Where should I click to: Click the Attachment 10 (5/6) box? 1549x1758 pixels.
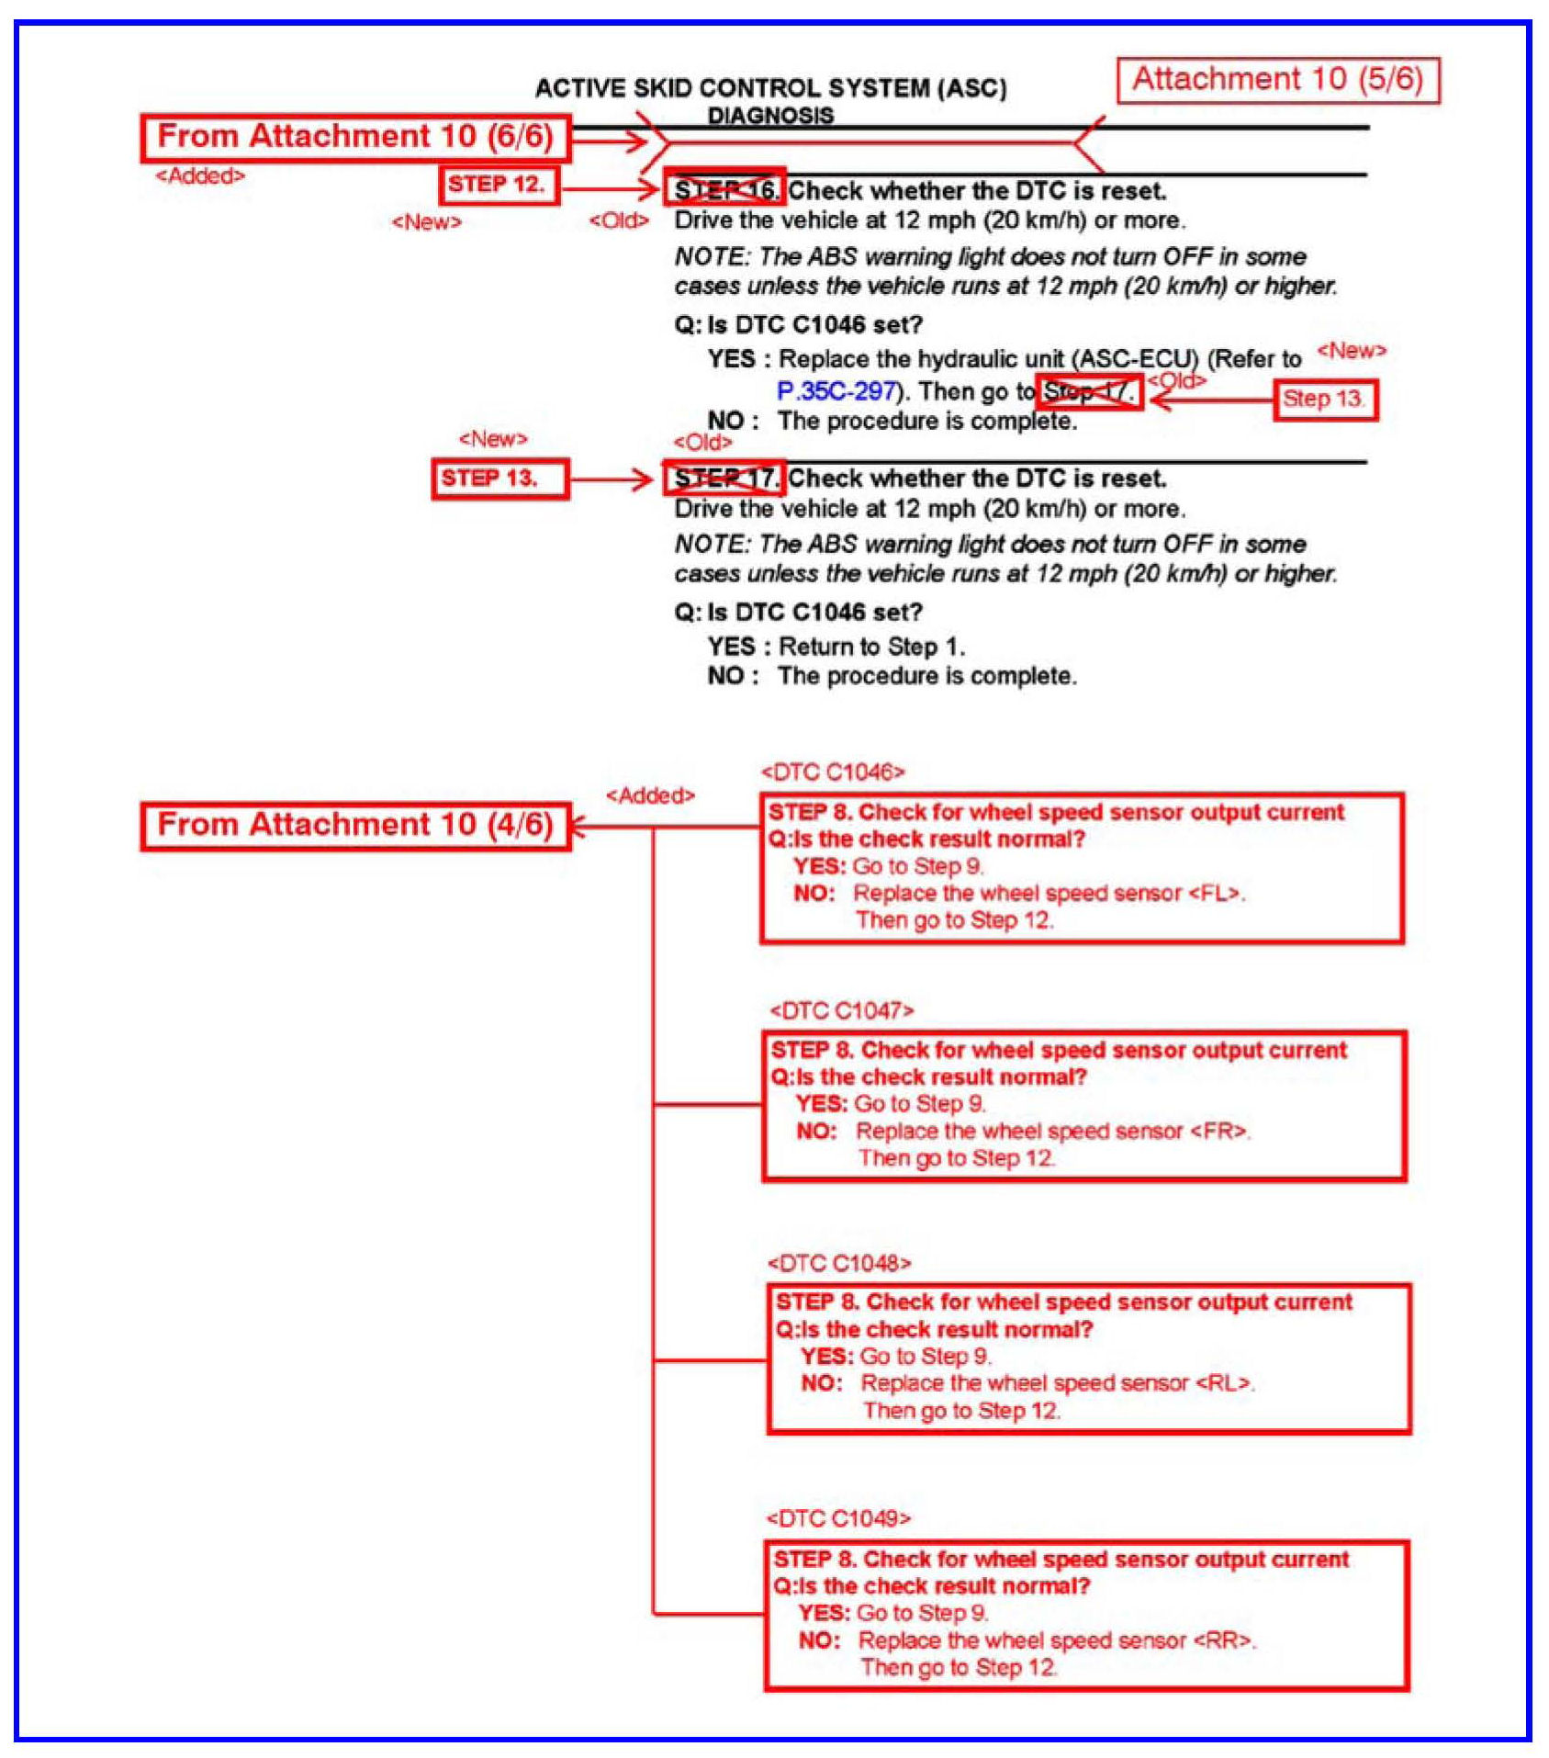[1277, 81]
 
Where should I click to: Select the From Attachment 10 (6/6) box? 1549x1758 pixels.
[355, 138]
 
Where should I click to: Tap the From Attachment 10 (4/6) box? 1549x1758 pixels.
[355, 826]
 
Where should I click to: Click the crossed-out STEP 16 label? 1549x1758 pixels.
[725, 190]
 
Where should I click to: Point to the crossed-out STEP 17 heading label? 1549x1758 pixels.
[725, 478]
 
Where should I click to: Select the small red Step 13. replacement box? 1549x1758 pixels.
[1324, 400]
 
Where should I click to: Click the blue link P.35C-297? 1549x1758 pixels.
[836, 391]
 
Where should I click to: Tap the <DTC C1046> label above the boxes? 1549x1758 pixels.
[832, 772]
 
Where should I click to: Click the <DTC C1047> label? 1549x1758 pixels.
[841, 1011]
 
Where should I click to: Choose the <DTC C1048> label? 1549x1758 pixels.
[839, 1264]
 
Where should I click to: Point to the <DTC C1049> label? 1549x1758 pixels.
[838, 1518]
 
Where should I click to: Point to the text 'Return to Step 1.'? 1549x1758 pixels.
[871, 647]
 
